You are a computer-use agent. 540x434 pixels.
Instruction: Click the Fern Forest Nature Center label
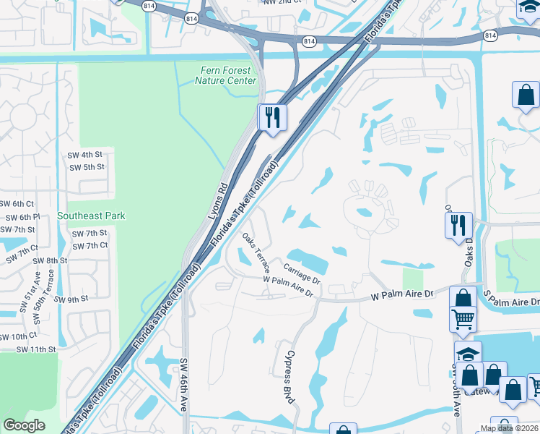click(225, 75)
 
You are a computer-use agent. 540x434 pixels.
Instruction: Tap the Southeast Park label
click(91, 216)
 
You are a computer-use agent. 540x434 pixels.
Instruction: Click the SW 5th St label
click(87, 167)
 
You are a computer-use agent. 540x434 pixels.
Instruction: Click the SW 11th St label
click(39, 349)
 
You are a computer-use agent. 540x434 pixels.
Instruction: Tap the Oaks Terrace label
click(256, 252)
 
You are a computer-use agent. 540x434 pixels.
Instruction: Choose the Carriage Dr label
click(302, 273)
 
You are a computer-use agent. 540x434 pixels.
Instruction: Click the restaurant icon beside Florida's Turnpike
click(272, 117)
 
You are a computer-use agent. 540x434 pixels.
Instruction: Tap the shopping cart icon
click(463, 318)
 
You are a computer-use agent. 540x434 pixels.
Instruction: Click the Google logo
click(24, 425)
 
